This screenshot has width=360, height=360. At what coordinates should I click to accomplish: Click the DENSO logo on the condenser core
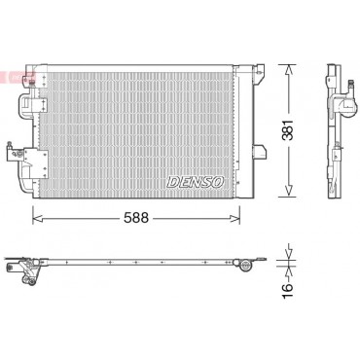[196, 182]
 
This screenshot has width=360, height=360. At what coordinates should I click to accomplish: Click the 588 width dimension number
[136, 218]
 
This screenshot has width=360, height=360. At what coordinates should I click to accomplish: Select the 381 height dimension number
[287, 130]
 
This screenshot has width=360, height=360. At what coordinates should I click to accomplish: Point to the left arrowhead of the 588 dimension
[37, 218]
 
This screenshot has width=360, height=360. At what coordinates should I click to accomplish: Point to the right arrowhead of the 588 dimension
[235, 218]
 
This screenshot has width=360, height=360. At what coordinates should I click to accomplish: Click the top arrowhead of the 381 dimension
[288, 69]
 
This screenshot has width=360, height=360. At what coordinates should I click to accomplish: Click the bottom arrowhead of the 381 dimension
[288, 192]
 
